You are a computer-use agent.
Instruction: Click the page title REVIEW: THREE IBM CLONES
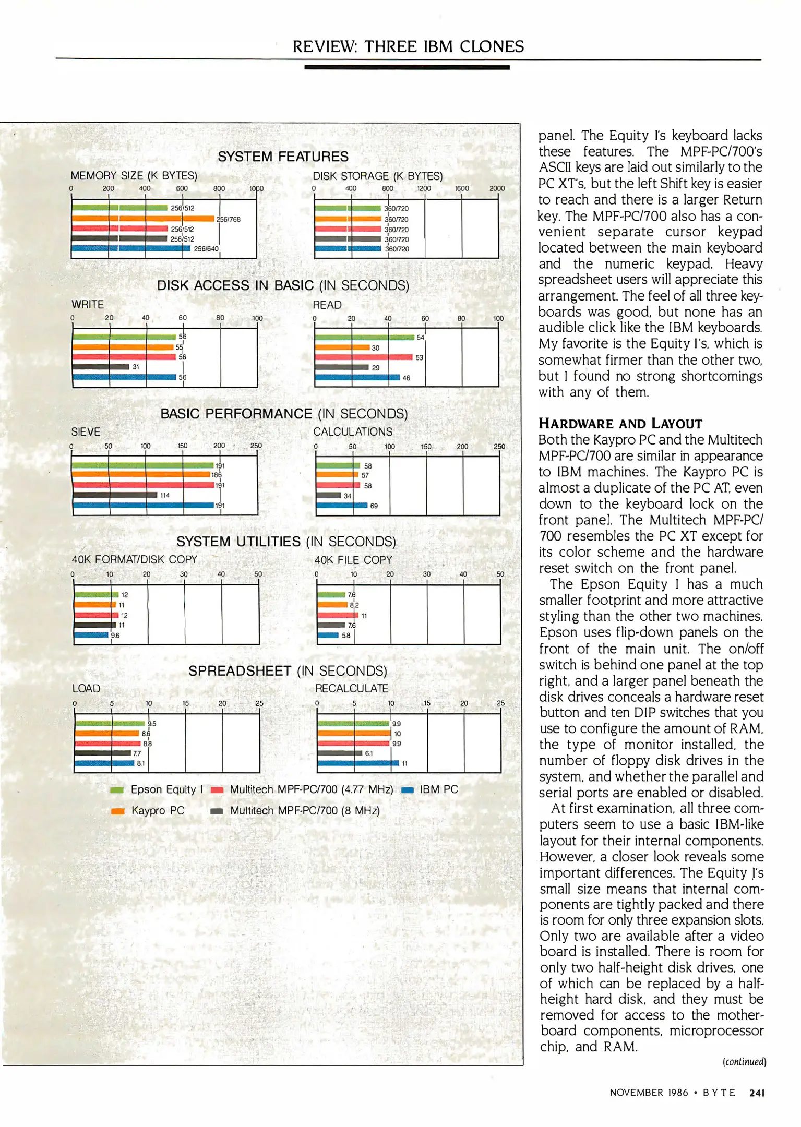[408, 46]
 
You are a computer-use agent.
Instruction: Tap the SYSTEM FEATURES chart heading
[283, 157]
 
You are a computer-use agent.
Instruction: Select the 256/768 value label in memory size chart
[229, 219]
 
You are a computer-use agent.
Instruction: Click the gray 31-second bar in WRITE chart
[101, 367]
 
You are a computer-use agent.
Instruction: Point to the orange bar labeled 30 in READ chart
[342, 347]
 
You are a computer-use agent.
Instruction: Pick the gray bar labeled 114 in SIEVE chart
[115, 495]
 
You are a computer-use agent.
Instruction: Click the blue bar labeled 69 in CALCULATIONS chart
[342, 505]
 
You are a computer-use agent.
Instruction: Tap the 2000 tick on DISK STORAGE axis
[497, 188]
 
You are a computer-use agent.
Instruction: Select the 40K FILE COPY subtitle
[353, 560]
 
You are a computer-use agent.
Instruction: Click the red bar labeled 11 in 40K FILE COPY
[338, 615]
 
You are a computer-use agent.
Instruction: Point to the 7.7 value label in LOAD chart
[137, 753]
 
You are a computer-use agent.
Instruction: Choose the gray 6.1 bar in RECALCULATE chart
[340, 753]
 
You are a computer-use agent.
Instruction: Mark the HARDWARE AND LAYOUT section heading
[620, 423]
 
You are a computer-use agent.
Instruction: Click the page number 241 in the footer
[757, 1093]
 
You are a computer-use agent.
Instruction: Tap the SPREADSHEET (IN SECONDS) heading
[288, 670]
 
